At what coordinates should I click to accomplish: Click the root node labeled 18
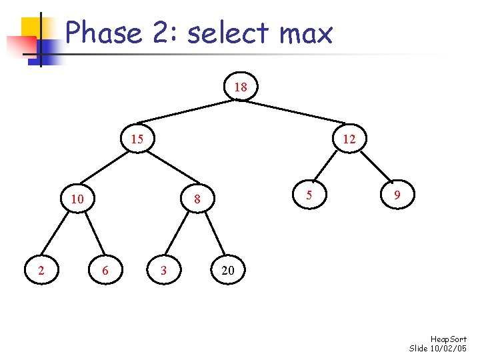coord(241,87)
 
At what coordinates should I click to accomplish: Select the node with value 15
coord(137,139)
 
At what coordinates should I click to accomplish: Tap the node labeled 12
coord(349,139)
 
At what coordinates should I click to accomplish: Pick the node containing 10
coord(77,199)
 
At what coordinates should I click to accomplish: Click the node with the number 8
coord(197,199)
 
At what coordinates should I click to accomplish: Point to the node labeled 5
coord(308,195)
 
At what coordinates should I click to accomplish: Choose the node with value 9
coord(397,195)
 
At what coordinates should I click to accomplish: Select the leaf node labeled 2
coord(42,270)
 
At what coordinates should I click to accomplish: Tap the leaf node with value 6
coord(103,270)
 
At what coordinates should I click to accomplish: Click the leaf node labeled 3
coord(163,270)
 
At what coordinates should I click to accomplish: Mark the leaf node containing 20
coord(227,270)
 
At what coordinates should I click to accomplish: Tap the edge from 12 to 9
coord(373,168)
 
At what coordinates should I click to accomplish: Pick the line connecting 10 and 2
coord(59,235)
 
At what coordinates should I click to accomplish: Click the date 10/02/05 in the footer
coord(450,349)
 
